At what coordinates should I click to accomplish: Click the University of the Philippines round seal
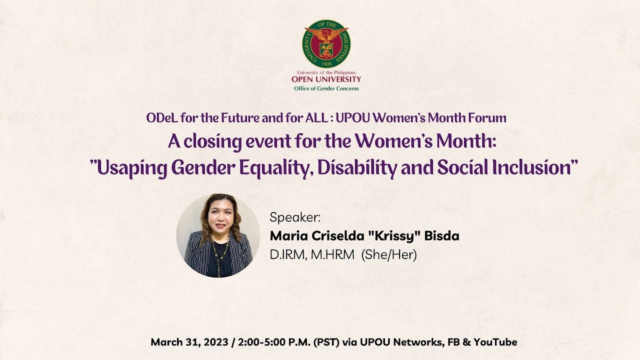click(x=326, y=44)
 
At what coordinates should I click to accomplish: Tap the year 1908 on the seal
click(x=326, y=63)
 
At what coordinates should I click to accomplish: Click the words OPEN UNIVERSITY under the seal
click(x=326, y=79)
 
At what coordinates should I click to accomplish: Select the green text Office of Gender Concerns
click(x=326, y=88)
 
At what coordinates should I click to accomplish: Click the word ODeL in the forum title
click(x=161, y=118)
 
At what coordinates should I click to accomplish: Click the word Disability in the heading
click(x=357, y=168)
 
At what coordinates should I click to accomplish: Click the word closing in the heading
click(x=212, y=142)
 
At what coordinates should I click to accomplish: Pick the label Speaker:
click(x=295, y=217)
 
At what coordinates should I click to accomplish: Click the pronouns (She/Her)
click(x=389, y=254)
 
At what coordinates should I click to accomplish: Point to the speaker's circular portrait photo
click(x=218, y=235)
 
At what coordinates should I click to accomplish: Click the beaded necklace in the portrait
click(x=219, y=254)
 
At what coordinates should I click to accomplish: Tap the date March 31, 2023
click(x=189, y=342)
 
